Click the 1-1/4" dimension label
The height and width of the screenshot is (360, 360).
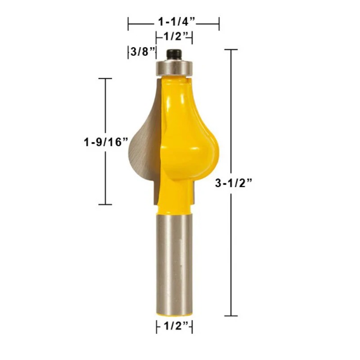click(x=176, y=22)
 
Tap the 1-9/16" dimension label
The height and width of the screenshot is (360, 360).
click(x=106, y=142)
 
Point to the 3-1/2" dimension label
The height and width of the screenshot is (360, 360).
click(x=234, y=183)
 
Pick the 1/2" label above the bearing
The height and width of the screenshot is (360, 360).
click(x=176, y=36)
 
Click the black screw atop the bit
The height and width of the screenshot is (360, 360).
click(x=174, y=54)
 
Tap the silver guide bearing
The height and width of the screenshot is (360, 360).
click(x=174, y=67)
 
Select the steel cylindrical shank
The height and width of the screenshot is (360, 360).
click(x=174, y=264)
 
